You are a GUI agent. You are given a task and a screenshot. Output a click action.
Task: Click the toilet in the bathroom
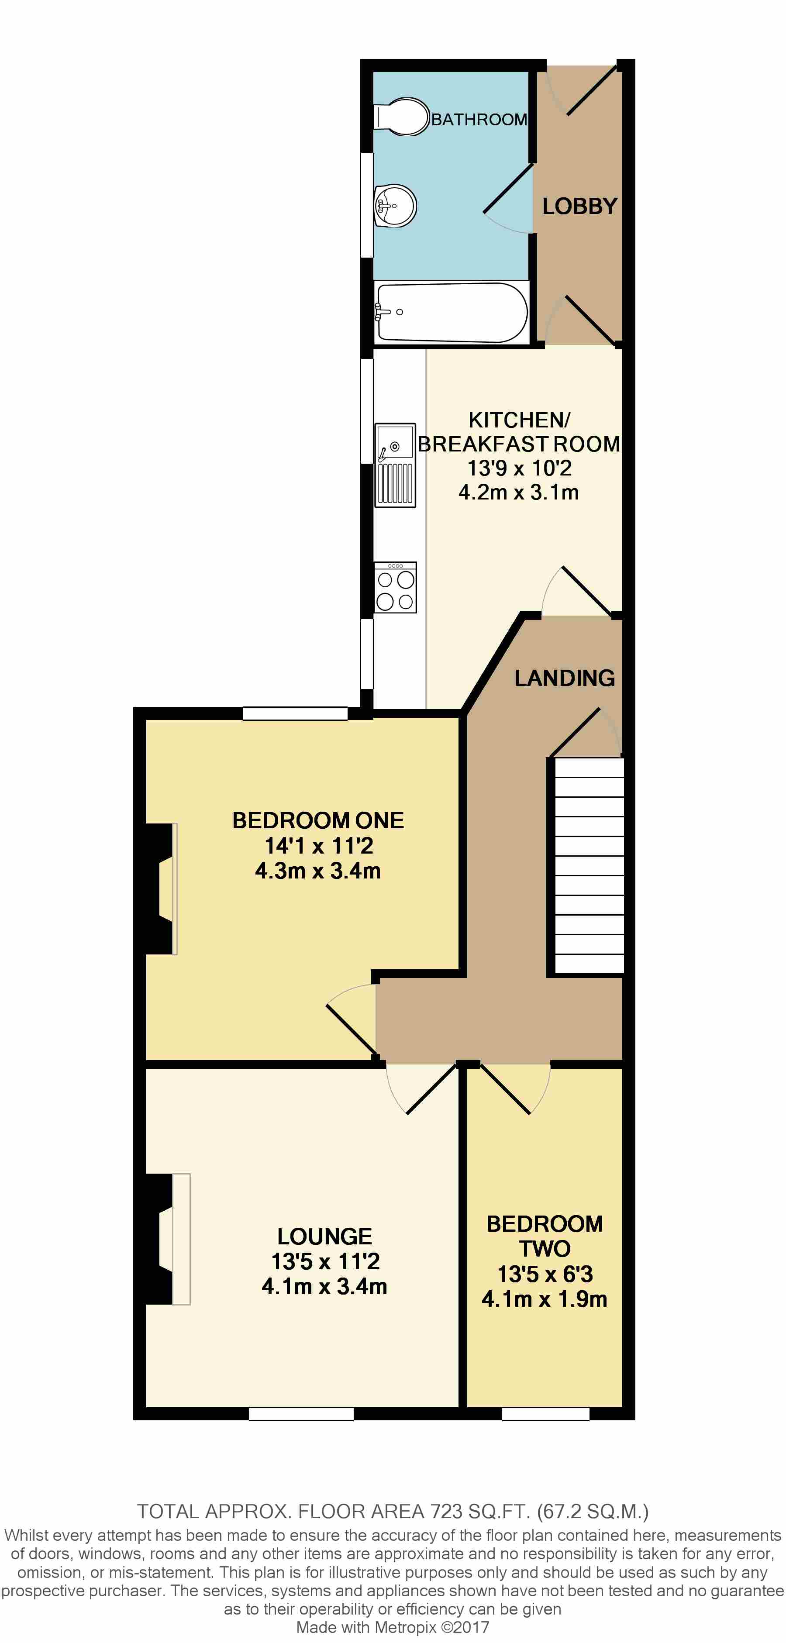pyautogui.click(x=402, y=117)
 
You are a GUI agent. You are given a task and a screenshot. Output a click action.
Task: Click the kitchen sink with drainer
pyautogui.click(x=395, y=465)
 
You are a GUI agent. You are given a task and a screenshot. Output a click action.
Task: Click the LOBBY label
pyautogui.click(x=579, y=206)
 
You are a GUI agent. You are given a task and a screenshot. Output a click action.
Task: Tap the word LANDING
pyautogui.click(x=565, y=678)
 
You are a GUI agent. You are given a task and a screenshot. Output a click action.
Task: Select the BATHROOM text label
pyautogui.click(x=479, y=119)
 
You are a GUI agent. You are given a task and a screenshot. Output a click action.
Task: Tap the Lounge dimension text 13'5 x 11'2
pyautogui.click(x=325, y=1261)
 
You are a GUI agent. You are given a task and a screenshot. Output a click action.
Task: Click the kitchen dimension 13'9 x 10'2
pyautogui.click(x=519, y=468)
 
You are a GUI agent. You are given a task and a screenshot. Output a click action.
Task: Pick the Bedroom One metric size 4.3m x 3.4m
pyautogui.click(x=318, y=871)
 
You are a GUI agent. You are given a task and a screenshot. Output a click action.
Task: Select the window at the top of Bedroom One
pyautogui.click(x=295, y=713)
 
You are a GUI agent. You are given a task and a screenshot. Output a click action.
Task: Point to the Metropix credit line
pyautogui.click(x=393, y=1627)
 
